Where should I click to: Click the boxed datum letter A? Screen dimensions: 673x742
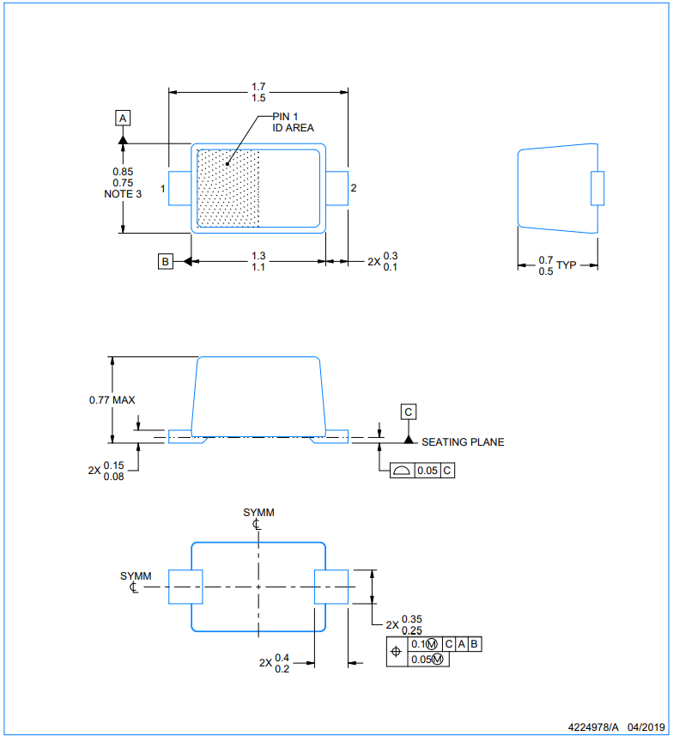point(123,118)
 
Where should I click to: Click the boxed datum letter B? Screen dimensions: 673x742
point(165,261)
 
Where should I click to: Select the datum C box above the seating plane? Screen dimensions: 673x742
point(408,411)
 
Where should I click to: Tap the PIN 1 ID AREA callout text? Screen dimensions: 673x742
point(293,122)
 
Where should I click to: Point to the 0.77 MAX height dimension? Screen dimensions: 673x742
point(112,400)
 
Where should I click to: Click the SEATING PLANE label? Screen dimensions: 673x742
point(463,442)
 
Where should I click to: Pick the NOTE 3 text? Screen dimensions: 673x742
point(123,194)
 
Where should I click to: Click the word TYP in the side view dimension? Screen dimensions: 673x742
point(566,265)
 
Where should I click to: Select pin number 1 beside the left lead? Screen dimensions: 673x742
point(163,189)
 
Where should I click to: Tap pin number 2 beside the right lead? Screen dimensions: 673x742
point(354,188)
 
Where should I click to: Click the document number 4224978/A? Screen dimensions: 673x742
point(593,727)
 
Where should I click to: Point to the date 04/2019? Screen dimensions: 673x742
point(646,727)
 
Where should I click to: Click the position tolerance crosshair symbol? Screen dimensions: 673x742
point(397,652)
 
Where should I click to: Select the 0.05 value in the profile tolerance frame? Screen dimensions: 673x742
point(427,471)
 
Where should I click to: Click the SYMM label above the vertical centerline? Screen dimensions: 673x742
point(258,513)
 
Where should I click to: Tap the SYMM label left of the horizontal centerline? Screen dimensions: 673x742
point(136,576)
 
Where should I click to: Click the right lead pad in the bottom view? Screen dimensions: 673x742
point(331,587)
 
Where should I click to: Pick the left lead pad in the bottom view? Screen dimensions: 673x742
point(186,587)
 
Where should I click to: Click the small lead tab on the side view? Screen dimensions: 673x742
point(597,188)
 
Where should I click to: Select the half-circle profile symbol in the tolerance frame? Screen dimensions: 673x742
point(402,470)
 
